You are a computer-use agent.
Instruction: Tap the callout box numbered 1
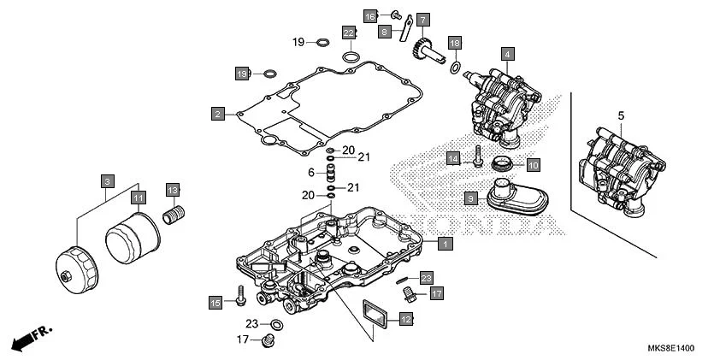[x=444, y=244]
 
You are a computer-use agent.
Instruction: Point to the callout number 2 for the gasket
[x=218, y=113]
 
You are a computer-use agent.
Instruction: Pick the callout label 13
[x=172, y=189]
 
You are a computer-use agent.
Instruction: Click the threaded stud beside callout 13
[x=174, y=215]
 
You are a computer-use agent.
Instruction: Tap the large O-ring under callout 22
[x=350, y=56]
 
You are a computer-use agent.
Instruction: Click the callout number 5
[x=621, y=115]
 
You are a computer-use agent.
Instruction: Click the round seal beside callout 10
[x=505, y=162]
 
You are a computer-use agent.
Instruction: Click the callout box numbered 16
[x=370, y=16]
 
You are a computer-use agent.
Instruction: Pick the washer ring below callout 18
[x=456, y=66]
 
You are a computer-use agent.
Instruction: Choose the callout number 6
[x=312, y=172]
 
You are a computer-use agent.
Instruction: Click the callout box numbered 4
[x=507, y=54]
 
